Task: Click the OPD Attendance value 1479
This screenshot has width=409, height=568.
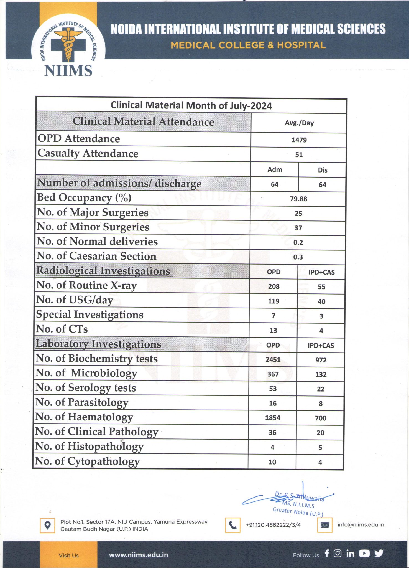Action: [x=299, y=140]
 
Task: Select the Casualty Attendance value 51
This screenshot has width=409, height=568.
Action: [x=299, y=155]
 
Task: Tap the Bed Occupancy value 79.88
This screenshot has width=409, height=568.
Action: [x=298, y=199]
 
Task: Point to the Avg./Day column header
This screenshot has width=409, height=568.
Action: [x=299, y=123]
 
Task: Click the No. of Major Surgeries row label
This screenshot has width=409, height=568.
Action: [x=93, y=212]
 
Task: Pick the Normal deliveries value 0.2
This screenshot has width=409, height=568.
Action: [x=298, y=243]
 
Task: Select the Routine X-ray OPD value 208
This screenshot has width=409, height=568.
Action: [x=273, y=286]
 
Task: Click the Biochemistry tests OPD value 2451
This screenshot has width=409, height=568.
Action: [x=273, y=360]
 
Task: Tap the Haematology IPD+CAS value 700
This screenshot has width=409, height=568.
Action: [x=321, y=418]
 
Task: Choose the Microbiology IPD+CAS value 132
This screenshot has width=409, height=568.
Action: [x=321, y=374]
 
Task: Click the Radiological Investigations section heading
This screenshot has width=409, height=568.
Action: [x=103, y=271]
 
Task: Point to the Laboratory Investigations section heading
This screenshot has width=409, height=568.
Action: [x=99, y=344]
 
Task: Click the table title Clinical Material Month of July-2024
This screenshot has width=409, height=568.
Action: [x=191, y=106]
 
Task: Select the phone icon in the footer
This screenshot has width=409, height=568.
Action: [x=232, y=525]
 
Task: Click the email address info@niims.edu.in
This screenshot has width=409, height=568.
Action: [x=361, y=525]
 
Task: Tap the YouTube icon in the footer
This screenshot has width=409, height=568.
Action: [x=364, y=554]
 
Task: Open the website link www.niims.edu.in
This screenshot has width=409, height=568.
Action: [x=138, y=555]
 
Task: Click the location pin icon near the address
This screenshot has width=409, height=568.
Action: [x=47, y=525]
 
